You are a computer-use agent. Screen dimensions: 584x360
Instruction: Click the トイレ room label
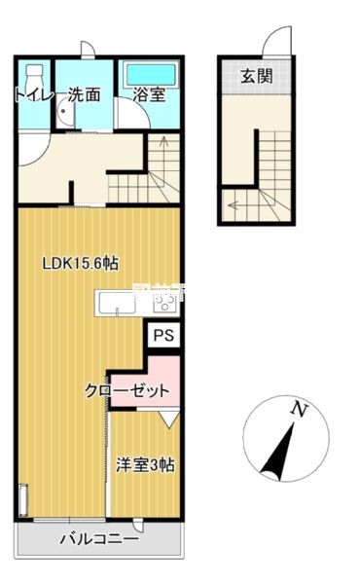coord(32,95)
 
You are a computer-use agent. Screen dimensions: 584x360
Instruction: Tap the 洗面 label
coord(86,95)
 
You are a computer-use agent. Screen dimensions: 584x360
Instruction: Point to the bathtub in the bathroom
coord(148,74)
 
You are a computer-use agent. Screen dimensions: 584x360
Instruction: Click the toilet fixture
coord(35,76)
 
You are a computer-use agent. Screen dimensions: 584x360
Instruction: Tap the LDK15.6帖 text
coord(80,262)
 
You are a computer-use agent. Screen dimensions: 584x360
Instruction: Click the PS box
coord(163,335)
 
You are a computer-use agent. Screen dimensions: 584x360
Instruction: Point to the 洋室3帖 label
coord(145,465)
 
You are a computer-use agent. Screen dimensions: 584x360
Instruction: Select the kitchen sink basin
coord(123,304)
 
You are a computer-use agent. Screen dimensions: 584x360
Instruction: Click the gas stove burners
coord(165,303)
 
